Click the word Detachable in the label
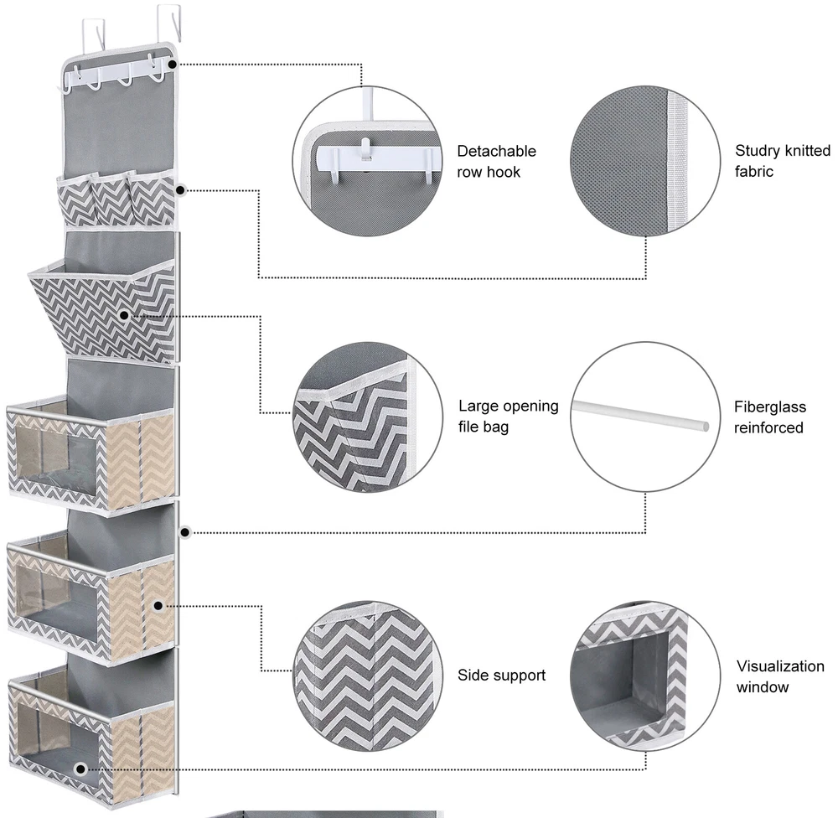point(496,152)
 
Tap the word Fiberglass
point(770,407)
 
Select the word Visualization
point(780,667)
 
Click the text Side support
point(501,676)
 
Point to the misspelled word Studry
point(759,151)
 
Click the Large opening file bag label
point(508,417)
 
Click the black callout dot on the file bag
point(124,316)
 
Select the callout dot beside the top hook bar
point(173,63)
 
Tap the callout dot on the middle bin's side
point(158,604)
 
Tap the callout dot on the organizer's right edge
point(185,531)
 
